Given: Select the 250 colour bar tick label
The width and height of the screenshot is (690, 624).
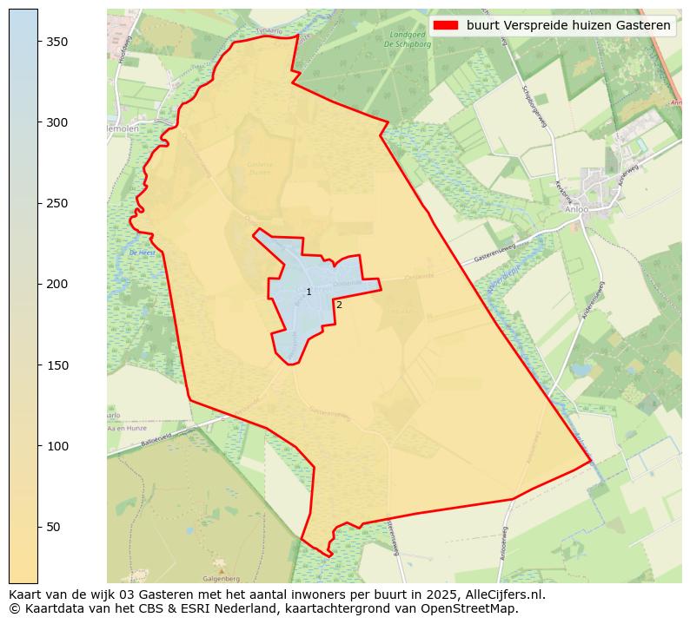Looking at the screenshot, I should point(57,203).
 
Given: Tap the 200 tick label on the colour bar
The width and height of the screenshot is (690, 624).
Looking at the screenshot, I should point(57,284).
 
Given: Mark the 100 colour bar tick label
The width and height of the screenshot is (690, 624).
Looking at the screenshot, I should point(57,446).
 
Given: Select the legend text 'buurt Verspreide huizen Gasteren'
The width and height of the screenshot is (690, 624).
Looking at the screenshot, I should point(568,26).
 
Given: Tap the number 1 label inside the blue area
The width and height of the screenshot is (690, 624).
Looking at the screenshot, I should point(309,292).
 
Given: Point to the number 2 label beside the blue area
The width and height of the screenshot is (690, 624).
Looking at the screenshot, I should point(339,305).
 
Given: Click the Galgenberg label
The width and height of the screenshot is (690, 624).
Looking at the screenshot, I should point(221,578).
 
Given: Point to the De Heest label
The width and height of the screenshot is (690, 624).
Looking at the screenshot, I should point(142,253).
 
